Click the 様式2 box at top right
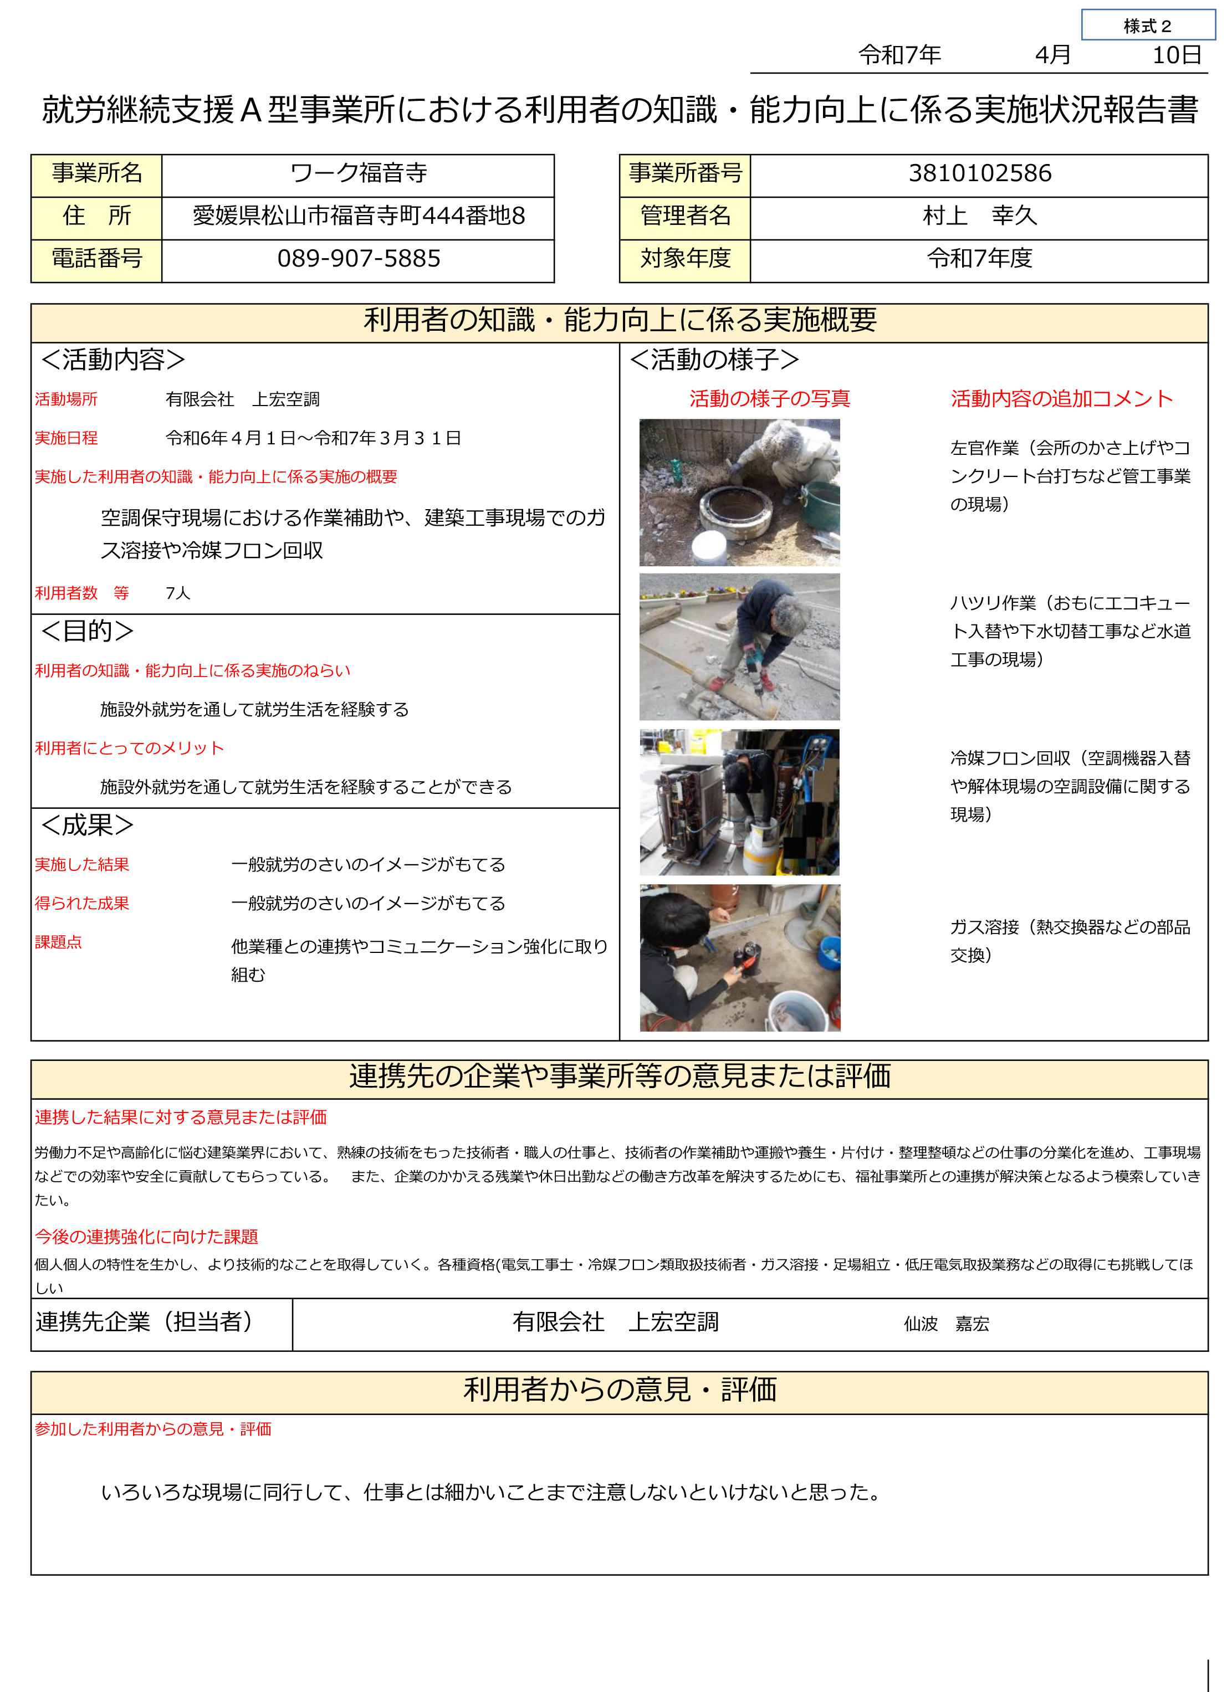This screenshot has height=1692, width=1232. pyautogui.click(x=1147, y=25)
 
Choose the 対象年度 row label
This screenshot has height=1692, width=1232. pyautogui.click(x=685, y=259)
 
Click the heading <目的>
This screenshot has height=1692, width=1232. pyautogui.click(x=88, y=631)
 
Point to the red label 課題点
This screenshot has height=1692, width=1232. pyautogui.click(x=58, y=943)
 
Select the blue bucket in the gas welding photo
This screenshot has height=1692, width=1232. pyautogui.click(x=829, y=954)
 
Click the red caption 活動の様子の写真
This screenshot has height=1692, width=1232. pyautogui.click(x=769, y=399)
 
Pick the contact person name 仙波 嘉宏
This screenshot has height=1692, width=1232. pyautogui.click(x=946, y=1324)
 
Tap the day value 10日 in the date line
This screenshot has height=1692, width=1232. pyautogui.click(x=1176, y=55)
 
